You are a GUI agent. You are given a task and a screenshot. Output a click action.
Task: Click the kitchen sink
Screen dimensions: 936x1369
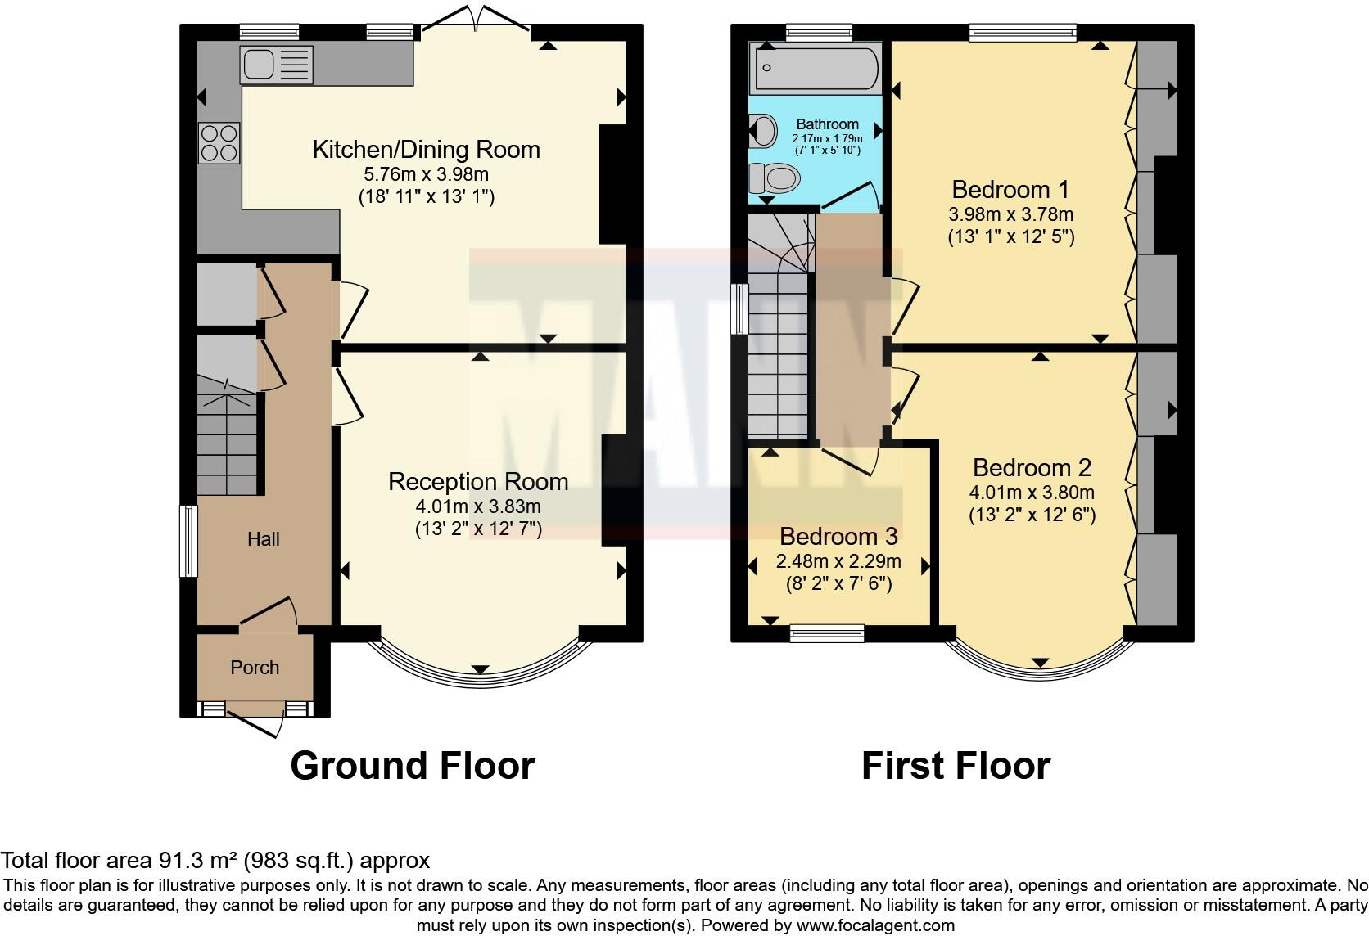click(x=276, y=65)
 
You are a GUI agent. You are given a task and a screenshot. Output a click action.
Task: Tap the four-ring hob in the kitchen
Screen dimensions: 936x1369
click(x=219, y=142)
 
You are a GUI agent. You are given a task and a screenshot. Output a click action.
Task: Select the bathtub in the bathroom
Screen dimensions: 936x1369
click(x=816, y=69)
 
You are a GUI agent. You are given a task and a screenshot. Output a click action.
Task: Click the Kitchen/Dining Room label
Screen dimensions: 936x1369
click(x=426, y=150)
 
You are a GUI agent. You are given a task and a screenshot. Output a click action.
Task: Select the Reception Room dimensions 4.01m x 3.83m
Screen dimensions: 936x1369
click(x=478, y=506)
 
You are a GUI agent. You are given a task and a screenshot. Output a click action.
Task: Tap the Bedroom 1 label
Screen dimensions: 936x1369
click(x=1010, y=189)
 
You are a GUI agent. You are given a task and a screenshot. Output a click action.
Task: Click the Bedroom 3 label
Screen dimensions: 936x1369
click(x=838, y=537)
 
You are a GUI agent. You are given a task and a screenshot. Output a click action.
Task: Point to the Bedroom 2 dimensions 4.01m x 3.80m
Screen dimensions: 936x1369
click(x=1032, y=493)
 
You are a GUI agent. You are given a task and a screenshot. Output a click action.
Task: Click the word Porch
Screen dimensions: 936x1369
click(x=255, y=668)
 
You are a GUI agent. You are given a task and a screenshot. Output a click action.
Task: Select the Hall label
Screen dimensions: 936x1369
click(x=264, y=539)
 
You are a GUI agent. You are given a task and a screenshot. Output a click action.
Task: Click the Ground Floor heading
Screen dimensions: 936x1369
click(x=412, y=766)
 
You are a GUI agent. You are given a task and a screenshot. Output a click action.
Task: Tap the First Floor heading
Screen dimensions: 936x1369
click(x=956, y=766)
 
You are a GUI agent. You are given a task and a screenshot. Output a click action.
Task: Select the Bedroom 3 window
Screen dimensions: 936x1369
click(x=827, y=632)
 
